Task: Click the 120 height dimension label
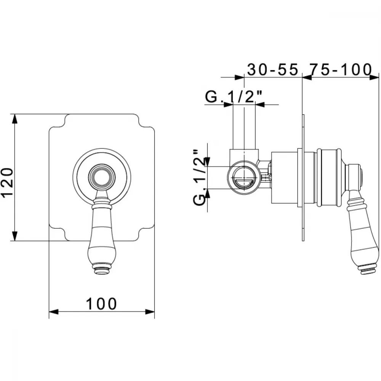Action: click(x=8, y=182)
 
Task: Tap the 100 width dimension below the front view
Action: click(x=101, y=304)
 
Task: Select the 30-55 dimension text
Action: click(x=272, y=69)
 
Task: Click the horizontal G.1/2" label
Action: click(x=234, y=97)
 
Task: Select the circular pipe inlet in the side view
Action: click(x=244, y=177)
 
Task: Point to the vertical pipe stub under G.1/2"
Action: click(x=244, y=126)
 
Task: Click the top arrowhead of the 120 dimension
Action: click(x=15, y=118)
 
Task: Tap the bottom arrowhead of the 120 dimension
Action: click(x=15, y=236)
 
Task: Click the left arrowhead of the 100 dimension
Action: click(x=54, y=312)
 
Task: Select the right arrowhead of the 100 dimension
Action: click(x=150, y=312)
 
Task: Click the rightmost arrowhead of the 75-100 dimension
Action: click(x=374, y=77)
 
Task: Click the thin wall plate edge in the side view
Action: click(x=303, y=178)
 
